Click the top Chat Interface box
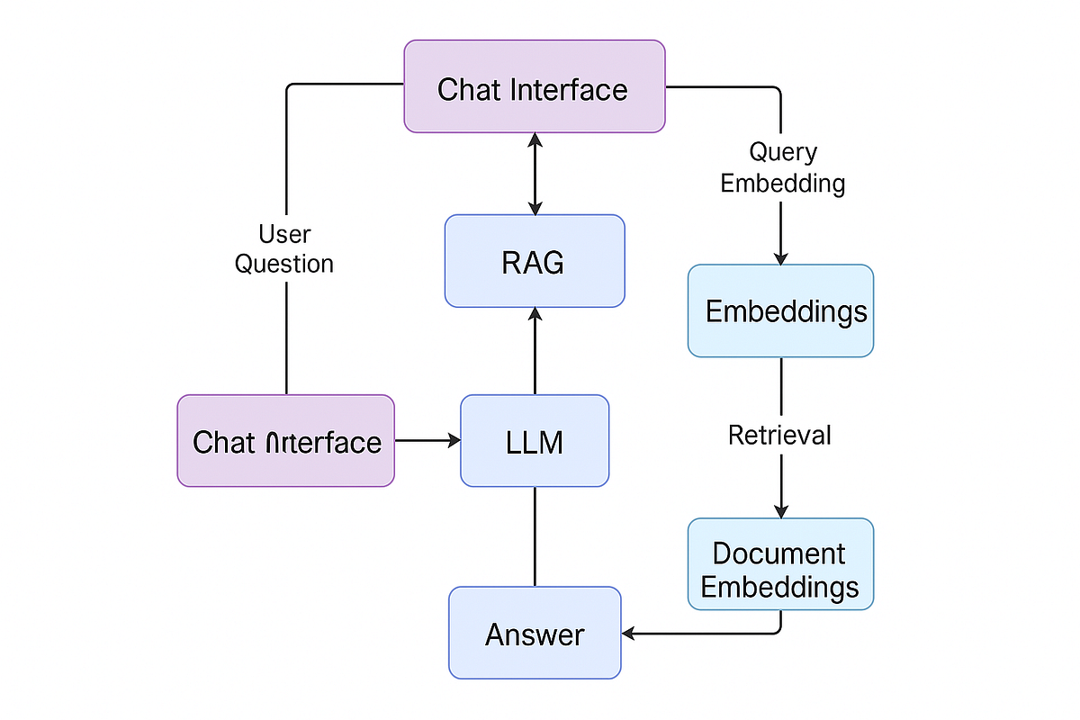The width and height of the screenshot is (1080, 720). pos(535,86)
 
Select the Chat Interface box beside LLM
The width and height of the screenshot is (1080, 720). pos(286,441)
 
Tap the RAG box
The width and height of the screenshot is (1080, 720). pos(535,261)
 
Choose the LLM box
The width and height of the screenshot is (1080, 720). pos(535,441)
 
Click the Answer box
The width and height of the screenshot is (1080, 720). pos(535,633)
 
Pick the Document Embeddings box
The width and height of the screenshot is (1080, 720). pos(780,564)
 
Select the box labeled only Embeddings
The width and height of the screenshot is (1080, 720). pos(780,310)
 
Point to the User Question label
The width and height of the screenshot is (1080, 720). pos(284,249)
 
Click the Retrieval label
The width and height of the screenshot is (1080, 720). pos(779,436)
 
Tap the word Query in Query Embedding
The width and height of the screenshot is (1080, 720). pos(783,153)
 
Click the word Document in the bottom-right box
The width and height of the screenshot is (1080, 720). pos(779,552)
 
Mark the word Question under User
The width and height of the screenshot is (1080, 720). pos(284,264)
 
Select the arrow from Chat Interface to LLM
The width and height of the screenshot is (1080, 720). pos(427,440)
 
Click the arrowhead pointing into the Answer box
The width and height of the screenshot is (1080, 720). pos(629,634)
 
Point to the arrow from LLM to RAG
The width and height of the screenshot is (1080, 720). pos(535,351)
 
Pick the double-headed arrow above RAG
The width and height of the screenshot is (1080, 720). pos(535,173)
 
